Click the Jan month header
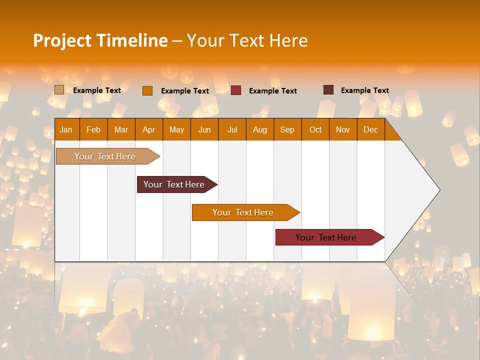tap(66, 129)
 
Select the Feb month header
tap(93, 129)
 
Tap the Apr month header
tap(149, 129)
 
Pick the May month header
tap(176, 129)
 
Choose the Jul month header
tap(232, 129)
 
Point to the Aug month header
tap(259, 129)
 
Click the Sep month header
tap(287, 129)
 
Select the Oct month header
tap(315, 129)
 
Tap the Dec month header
tap(370, 129)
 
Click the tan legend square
tap(59, 90)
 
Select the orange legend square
tap(147, 90)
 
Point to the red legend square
tap(236, 90)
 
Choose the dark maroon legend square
tap(328, 90)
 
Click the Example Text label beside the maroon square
tap(364, 90)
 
